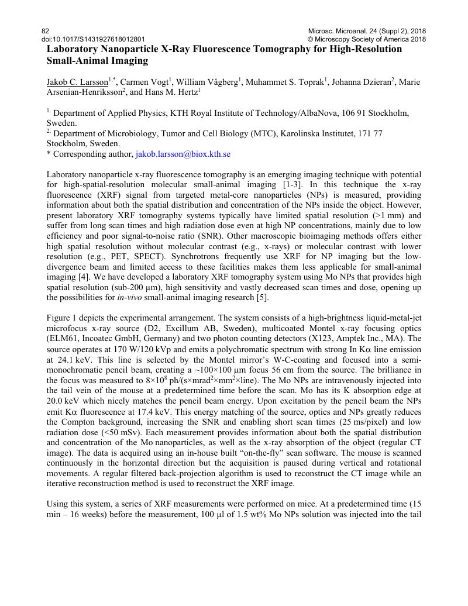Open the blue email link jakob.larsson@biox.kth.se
coord(183,154)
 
